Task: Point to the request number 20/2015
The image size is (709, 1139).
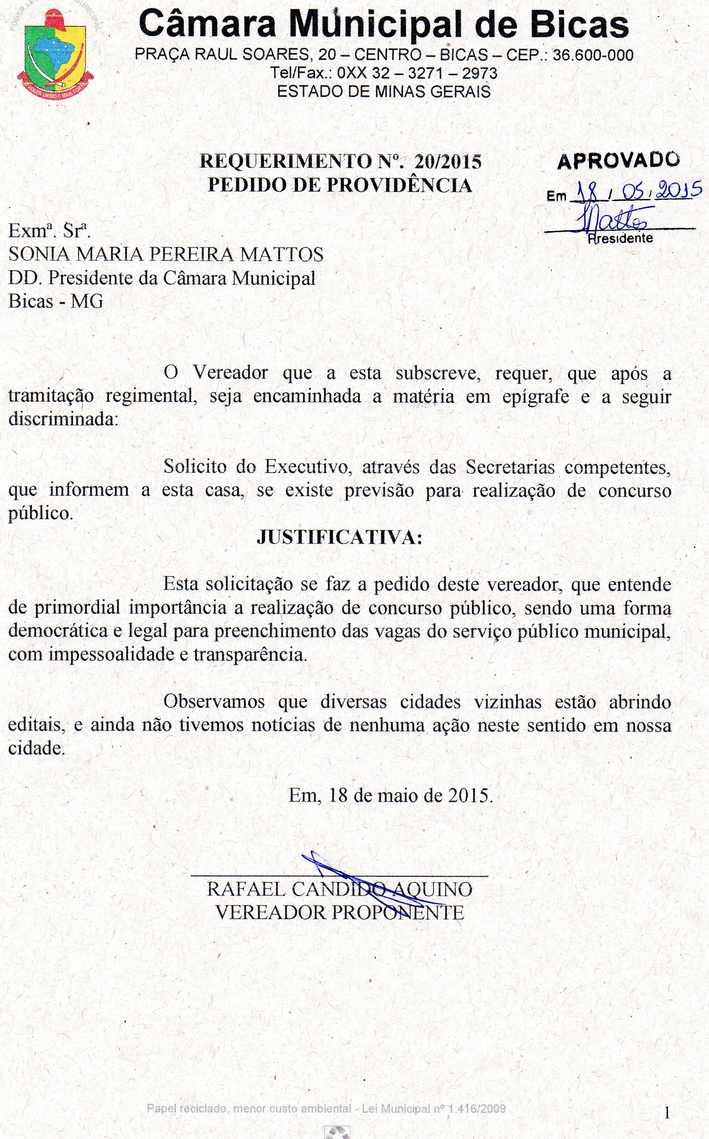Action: coord(448,162)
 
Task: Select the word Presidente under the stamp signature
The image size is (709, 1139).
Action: coord(620,238)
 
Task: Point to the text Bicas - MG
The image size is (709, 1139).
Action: coord(56,301)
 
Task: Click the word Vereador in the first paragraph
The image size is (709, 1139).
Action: coord(230,373)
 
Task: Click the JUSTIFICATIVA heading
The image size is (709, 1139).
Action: coord(339,537)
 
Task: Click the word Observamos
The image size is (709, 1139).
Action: coord(214,702)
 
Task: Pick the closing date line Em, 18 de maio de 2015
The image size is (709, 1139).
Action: coord(391,795)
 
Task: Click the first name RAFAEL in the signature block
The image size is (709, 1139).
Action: coord(246,889)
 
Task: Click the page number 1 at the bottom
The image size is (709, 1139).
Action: coord(667,1113)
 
